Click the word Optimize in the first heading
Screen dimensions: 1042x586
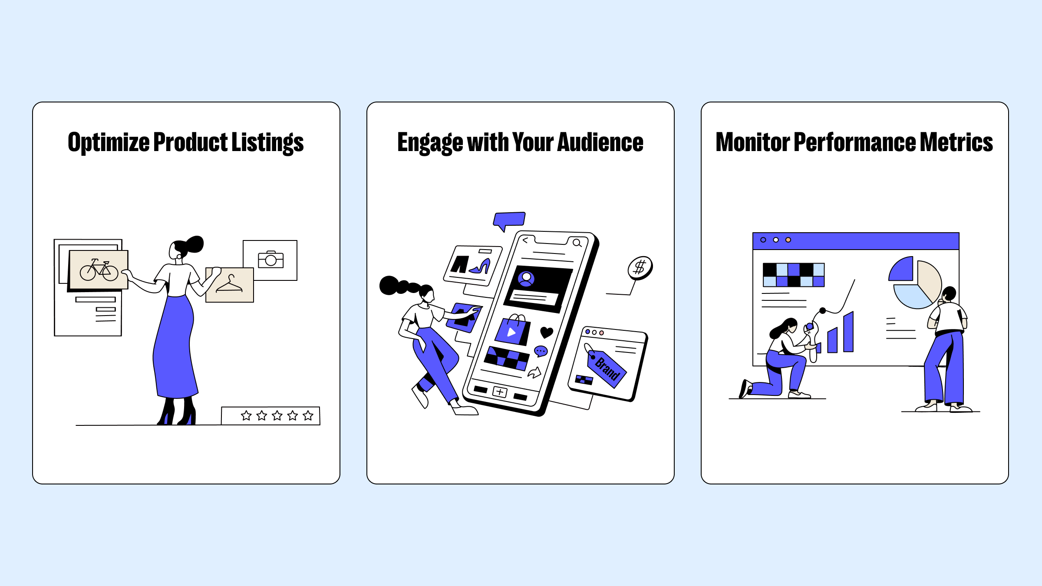click(109, 142)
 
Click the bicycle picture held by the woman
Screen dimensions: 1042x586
click(99, 270)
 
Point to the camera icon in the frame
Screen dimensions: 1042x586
click(271, 260)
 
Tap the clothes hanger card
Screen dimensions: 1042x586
click(230, 285)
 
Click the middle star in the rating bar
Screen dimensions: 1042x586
click(277, 415)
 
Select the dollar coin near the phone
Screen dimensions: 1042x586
click(640, 267)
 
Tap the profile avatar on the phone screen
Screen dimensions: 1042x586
click(526, 278)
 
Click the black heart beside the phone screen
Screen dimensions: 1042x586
click(547, 333)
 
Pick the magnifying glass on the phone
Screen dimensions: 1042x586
click(577, 243)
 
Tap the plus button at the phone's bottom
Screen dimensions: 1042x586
click(500, 392)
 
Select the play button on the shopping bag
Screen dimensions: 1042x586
click(511, 333)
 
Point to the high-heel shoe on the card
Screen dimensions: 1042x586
click(480, 267)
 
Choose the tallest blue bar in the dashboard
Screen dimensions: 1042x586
click(848, 332)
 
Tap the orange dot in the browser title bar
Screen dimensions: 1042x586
click(788, 240)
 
